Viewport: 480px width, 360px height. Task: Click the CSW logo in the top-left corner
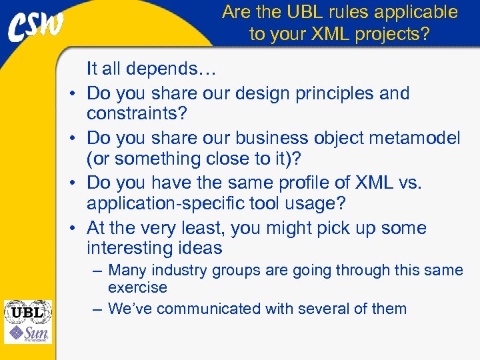37,28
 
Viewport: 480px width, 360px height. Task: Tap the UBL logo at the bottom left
27,311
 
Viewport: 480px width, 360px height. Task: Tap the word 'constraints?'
137,114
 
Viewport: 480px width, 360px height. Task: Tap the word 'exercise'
137,288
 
